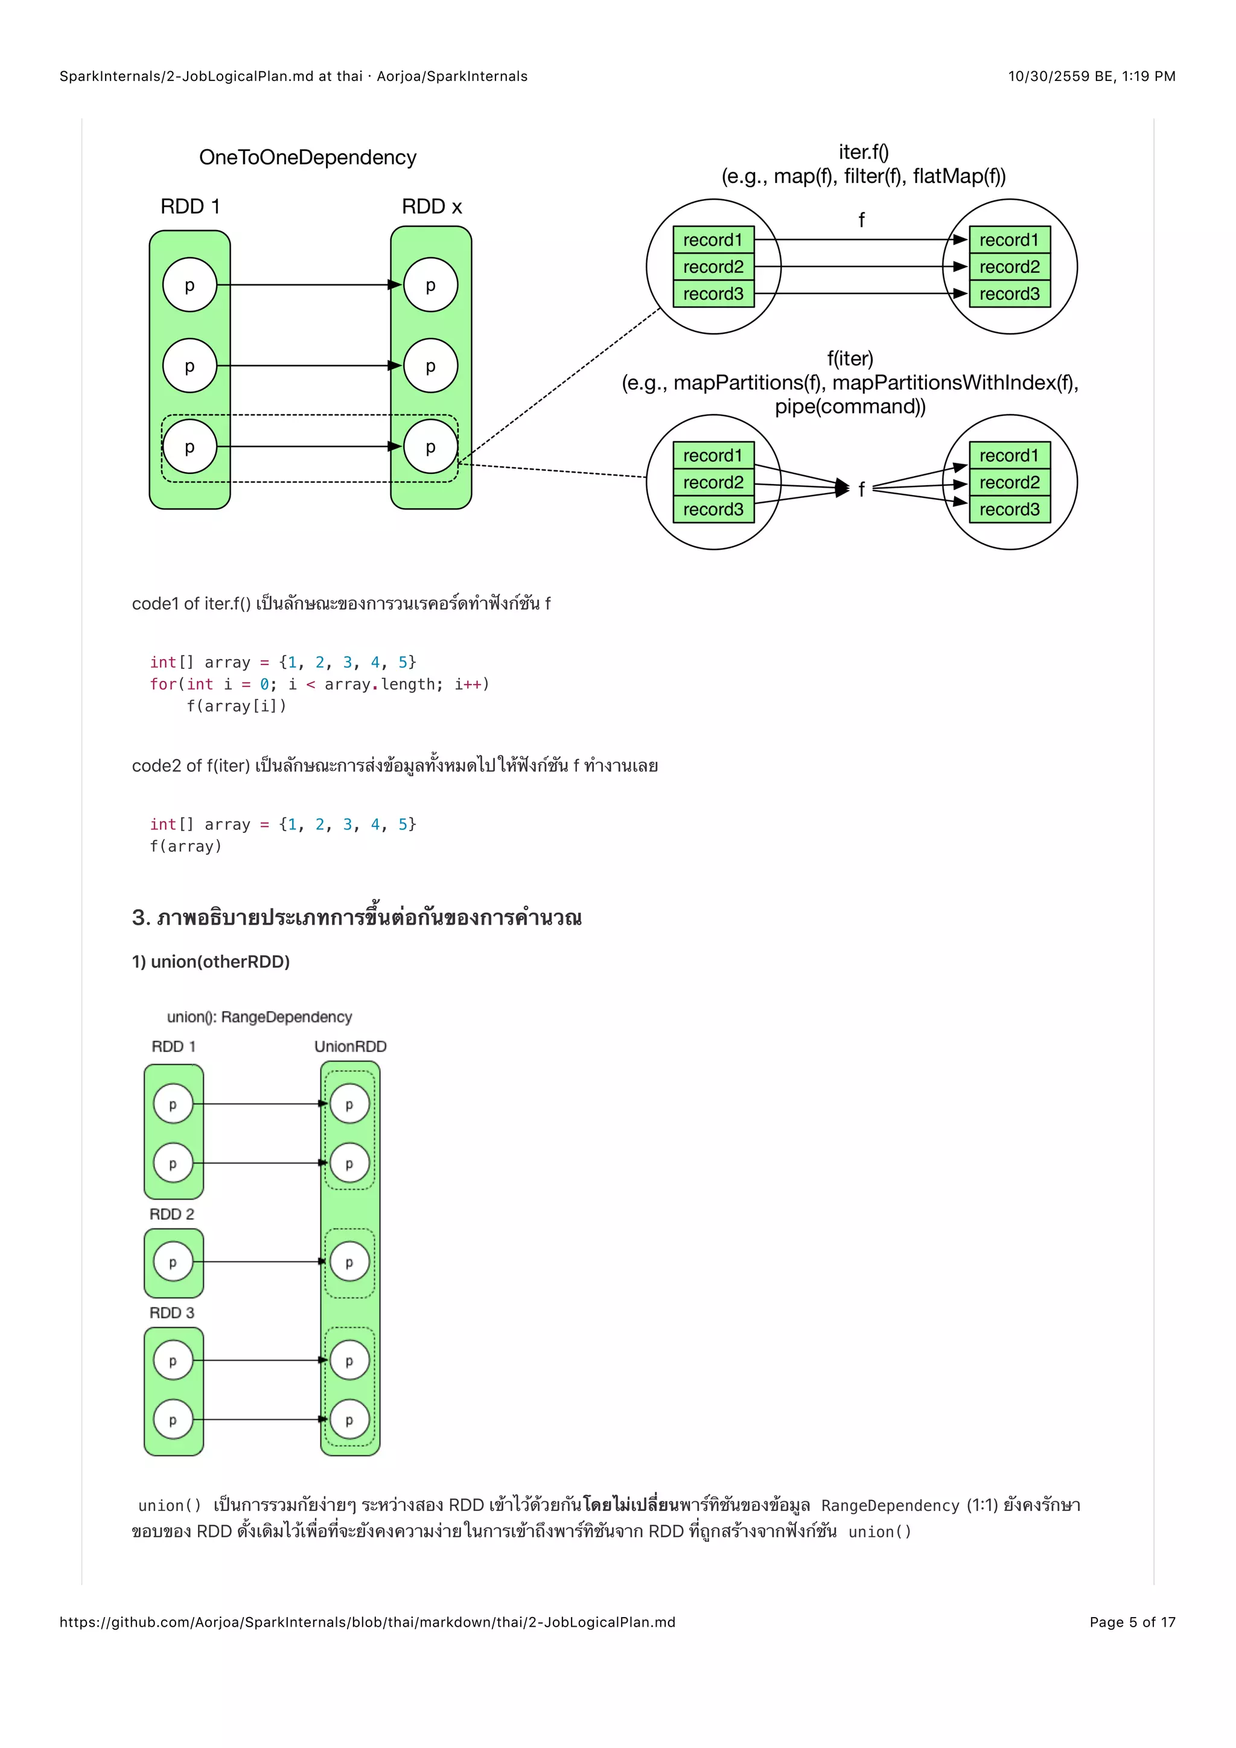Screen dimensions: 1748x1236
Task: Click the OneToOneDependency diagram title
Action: click(307, 158)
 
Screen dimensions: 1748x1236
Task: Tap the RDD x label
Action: click(432, 207)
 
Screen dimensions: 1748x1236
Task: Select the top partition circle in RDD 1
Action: click(190, 285)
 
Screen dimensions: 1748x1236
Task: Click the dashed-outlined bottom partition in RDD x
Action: click(431, 447)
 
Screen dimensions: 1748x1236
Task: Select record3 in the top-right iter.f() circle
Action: click(1009, 294)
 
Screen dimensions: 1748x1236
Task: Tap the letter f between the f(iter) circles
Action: click(862, 489)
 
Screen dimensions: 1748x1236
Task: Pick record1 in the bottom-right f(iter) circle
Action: click(1009, 455)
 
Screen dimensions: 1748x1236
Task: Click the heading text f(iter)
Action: click(850, 359)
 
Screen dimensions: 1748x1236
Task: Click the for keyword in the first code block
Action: click(163, 684)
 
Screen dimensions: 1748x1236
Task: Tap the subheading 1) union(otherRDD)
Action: click(211, 962)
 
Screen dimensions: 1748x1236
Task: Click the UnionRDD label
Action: click(350, 1047)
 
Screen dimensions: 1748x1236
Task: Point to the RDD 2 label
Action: click(172, 1214)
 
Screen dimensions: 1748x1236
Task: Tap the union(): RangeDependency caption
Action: click(260, 1017)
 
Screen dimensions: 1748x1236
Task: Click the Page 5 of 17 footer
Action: click(1132, 1622)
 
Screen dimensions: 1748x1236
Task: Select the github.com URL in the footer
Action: click(368, 1622)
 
